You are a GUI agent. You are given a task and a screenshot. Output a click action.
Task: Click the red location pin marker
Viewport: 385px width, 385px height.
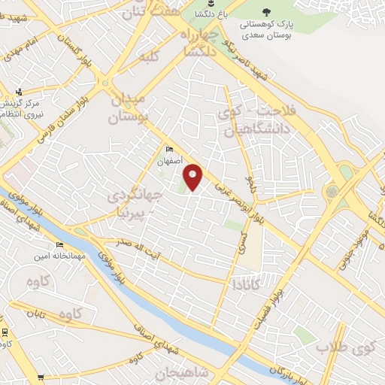tap(193, 177)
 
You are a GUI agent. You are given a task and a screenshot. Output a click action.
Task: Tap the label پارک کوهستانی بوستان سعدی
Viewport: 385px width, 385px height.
tap(268, 29)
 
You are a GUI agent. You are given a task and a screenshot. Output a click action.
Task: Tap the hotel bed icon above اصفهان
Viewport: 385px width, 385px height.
tap(169, 149)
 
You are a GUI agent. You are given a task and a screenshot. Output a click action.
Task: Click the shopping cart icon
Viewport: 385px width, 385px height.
tap(40, 378)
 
